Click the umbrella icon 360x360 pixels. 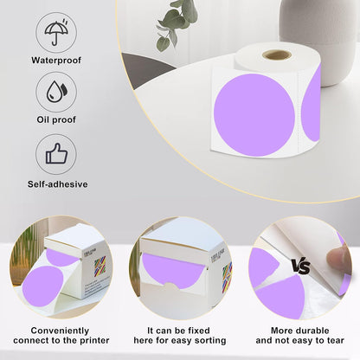point(55,32)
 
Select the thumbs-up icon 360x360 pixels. point(55,154)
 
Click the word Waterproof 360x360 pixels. point(55,61)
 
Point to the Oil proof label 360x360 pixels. point(55,121)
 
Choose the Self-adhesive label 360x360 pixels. point(55,183)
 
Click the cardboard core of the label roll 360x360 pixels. point(277,55)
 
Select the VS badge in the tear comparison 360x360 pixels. point(300,267)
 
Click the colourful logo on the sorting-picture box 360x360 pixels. point(227,274)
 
